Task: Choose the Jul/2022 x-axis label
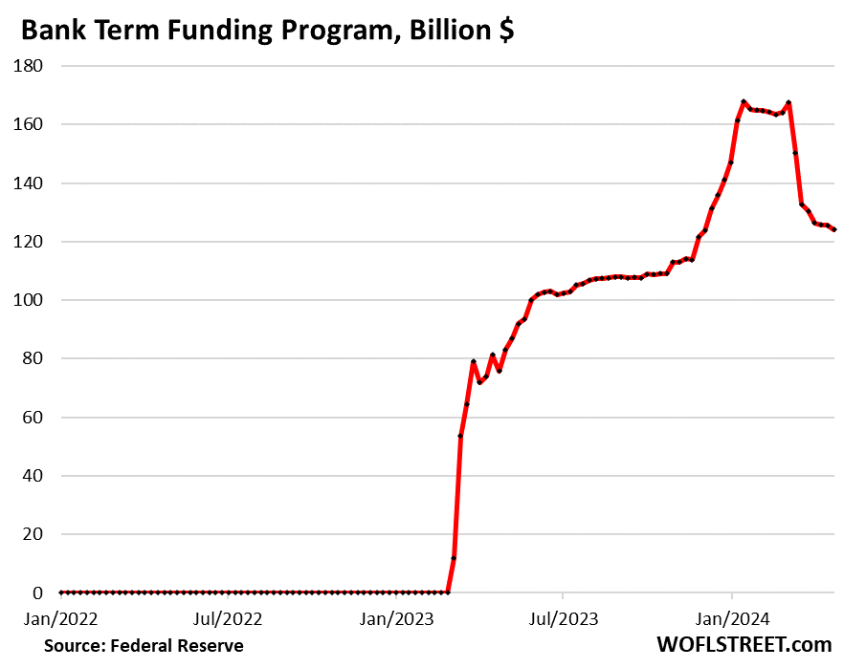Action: coord(229,618)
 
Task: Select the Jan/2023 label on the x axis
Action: coord(397,618)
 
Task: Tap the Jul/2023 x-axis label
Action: coord(563,618)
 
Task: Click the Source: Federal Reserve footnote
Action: coord(144,646)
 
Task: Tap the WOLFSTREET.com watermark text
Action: coord(744,645)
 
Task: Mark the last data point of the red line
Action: coord(834,229)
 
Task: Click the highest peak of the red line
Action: coord(744,101)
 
